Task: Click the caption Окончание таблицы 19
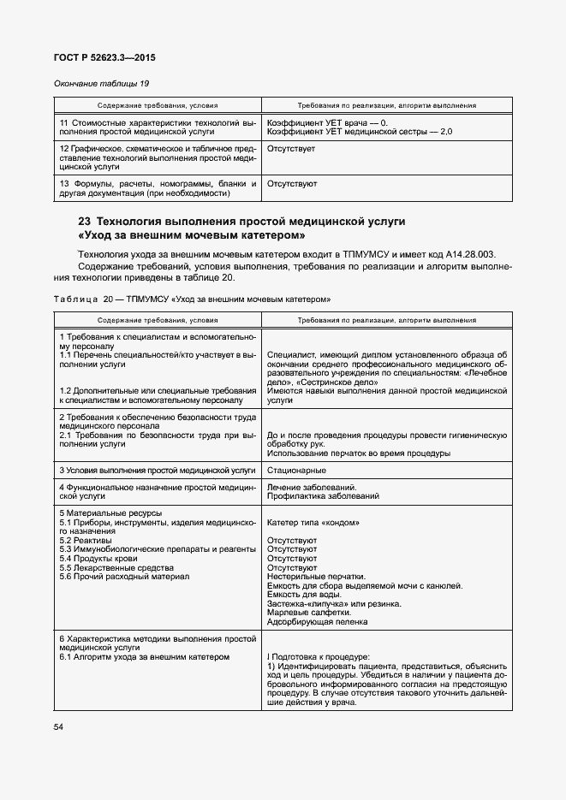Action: [x=103, y=84]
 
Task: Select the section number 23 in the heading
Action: [x=85, y=222]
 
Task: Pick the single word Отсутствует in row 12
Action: [x=291, y=149]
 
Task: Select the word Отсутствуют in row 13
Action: [x=292, y=183]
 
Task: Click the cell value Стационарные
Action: [x=295, y=471]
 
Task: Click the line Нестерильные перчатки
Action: [x=316, y=576]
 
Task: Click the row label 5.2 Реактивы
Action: [x=86, y=541]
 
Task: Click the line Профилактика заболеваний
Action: [x=323, y=496]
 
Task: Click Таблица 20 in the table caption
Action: [x=90, y=299]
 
